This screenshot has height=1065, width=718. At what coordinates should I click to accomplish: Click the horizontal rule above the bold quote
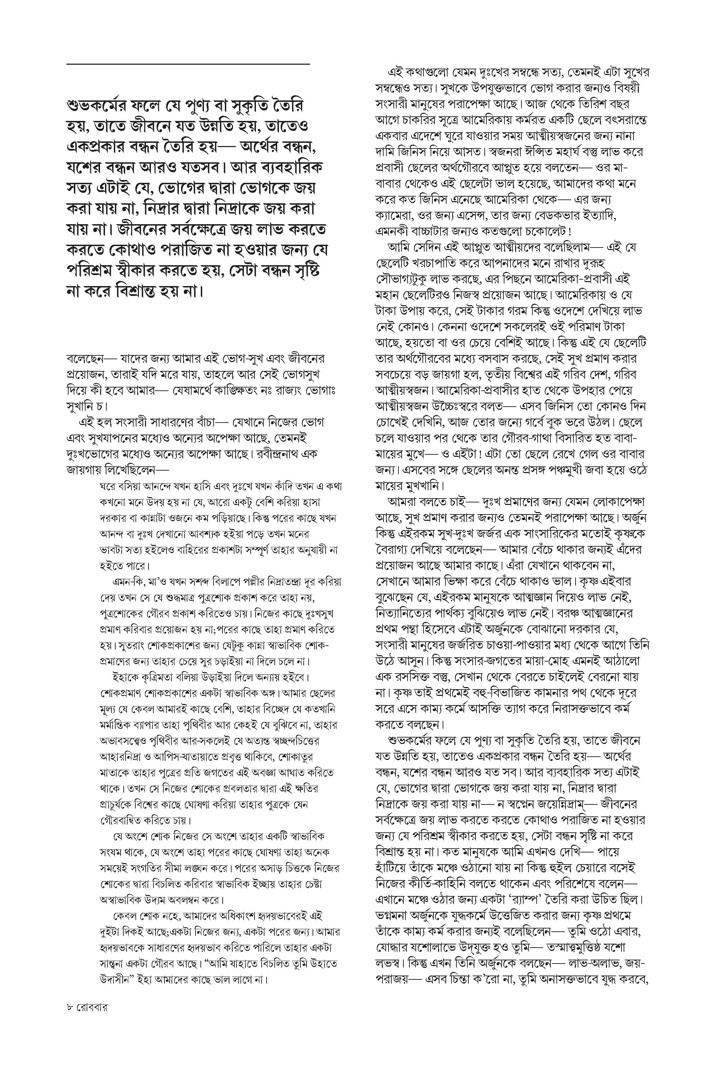(x=188, y=64)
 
